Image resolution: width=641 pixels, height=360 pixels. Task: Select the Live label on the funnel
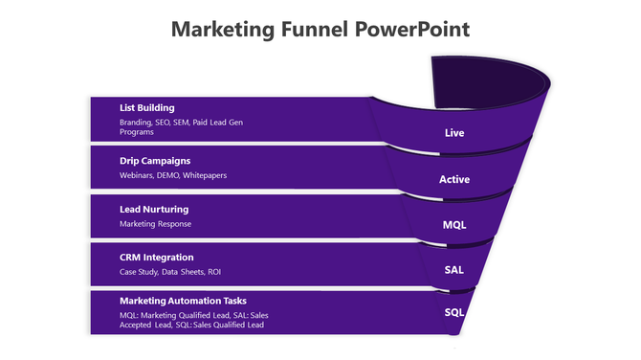454,133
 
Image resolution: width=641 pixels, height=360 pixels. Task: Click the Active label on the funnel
454,179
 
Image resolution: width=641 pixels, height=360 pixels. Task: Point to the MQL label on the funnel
454,225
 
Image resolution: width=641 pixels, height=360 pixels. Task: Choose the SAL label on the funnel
454,269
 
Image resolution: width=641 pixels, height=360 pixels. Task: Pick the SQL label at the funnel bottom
454,312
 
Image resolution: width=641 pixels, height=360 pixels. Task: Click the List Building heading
146,107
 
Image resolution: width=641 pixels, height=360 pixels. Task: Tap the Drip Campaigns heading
154,160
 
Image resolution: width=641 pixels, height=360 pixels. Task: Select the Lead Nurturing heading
153,209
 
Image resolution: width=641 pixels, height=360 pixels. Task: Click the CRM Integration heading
156,257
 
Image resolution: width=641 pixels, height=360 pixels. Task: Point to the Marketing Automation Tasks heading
183,301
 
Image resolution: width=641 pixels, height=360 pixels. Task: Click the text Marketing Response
155,224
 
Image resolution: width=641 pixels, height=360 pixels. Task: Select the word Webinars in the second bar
136,175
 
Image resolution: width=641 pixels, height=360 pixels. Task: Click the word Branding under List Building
136,123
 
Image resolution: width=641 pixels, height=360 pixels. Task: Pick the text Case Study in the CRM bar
141,272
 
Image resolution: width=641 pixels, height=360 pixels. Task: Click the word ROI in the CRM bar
214,272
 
